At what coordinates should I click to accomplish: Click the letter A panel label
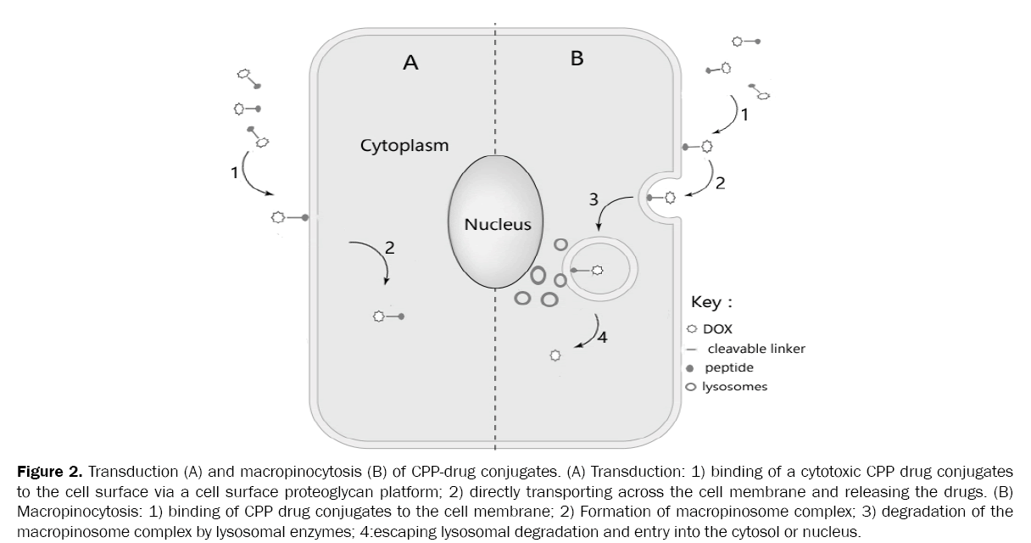point(410,63)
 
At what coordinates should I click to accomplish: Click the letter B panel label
point(577,59)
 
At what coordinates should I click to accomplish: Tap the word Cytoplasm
point(404,145)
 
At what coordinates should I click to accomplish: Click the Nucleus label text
point(497,225)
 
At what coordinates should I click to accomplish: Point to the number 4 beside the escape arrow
point(602,337)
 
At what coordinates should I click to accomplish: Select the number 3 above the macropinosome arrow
point(594,200)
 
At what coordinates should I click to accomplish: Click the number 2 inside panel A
point(389,248)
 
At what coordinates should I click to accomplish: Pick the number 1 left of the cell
point(235,172)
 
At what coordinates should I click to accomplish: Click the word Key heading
point(711,303)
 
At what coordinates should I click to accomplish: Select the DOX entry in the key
point(717,329)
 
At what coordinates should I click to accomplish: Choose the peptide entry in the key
point(728,368)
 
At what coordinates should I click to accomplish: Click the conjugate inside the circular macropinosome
point(587,270)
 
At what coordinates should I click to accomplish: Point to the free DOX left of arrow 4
point(555,355)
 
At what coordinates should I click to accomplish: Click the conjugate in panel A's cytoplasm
point(387,316)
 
